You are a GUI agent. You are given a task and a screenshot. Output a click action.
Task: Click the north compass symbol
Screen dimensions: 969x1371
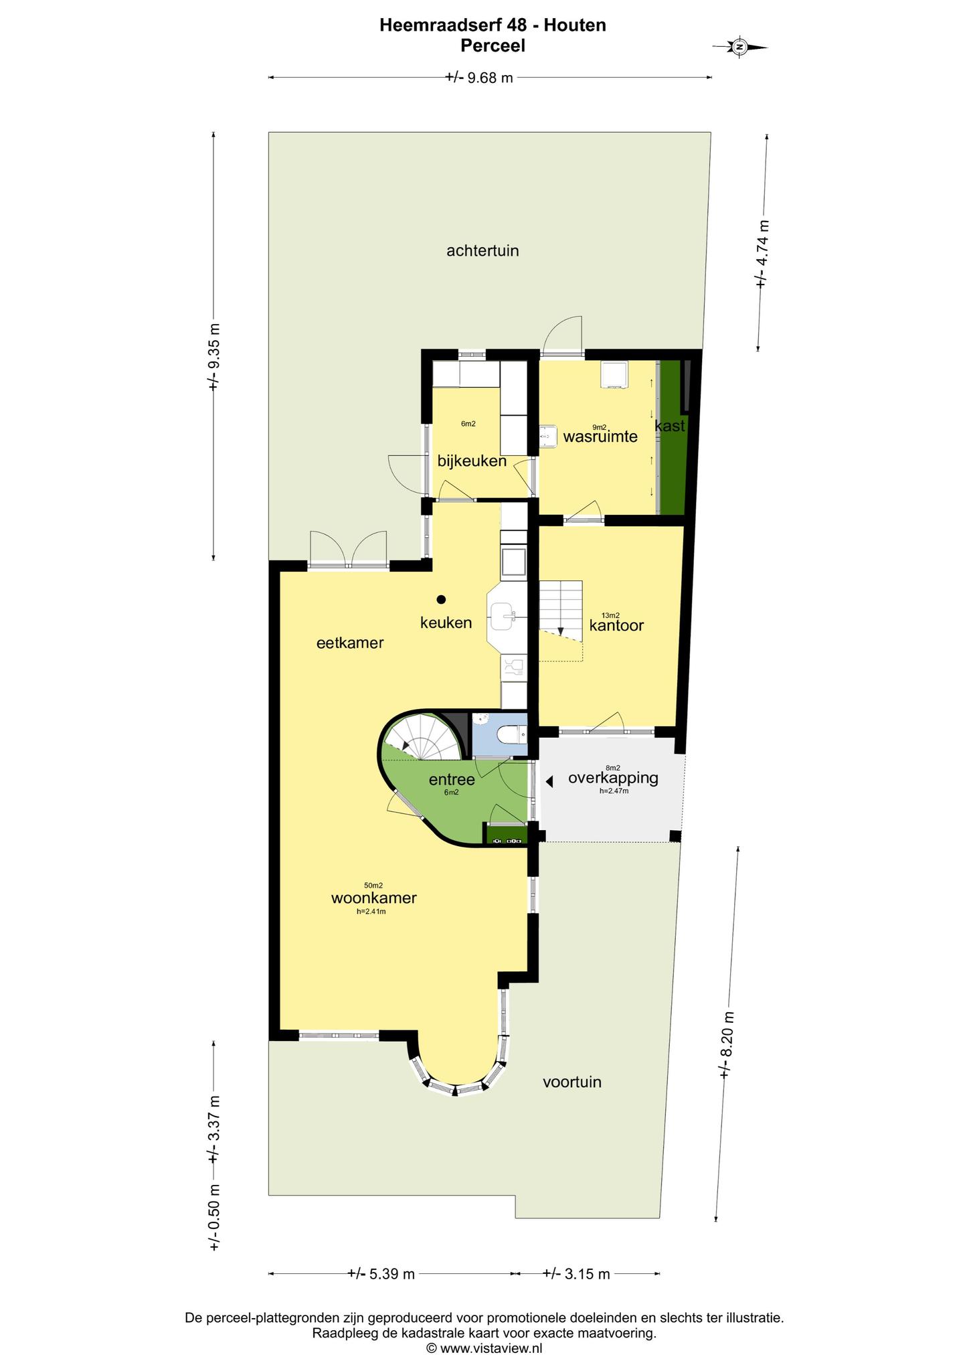pos(740,47)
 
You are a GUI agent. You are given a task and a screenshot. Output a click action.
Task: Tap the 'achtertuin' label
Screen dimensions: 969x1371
pos(482,251)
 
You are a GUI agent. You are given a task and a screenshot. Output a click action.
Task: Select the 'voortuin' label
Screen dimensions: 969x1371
pos(572,1082)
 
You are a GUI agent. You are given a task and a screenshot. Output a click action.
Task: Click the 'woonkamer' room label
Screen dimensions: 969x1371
pos(374,898)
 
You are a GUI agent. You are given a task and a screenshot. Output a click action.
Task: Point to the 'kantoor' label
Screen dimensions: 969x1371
pos(616,625)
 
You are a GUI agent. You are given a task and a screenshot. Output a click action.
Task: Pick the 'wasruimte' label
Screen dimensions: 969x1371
pos(600,437)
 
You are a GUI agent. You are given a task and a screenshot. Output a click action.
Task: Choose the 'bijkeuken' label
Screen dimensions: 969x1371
pos(472,461)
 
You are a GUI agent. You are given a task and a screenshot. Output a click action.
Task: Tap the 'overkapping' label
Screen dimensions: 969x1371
pos(613,779)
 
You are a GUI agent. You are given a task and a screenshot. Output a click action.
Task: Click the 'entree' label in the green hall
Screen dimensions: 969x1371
pos(452,779)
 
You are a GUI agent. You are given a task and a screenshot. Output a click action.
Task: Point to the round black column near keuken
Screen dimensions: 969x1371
pos(441,599)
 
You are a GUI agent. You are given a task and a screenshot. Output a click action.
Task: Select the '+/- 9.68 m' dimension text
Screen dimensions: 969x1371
pos(479,78)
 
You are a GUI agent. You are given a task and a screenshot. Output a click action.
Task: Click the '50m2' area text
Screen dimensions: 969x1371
pos(373,885)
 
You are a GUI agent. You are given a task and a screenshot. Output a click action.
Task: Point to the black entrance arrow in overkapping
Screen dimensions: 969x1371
pos(549,781)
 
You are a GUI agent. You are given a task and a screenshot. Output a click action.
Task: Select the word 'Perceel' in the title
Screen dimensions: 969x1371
pos(493,46)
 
